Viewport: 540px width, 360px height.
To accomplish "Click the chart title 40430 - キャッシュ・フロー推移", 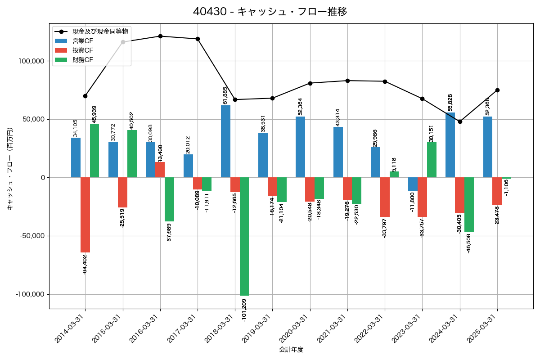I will point(270,12).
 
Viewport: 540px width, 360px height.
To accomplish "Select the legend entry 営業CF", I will point(83,41).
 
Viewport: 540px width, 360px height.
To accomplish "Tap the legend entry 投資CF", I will point(83,50).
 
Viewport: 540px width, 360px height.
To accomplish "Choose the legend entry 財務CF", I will point(83,60).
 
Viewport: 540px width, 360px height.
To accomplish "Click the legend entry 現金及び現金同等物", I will point(100,31).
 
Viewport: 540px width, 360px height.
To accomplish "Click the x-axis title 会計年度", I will point(291,350).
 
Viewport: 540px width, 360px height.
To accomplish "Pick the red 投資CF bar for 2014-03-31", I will point(85,215).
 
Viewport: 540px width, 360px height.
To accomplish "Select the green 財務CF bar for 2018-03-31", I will point(244,236).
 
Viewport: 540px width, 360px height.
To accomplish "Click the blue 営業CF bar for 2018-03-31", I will point(225,141).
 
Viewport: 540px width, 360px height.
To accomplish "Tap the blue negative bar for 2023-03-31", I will point(413,184).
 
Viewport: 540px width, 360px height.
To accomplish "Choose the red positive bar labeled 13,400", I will point(160,170).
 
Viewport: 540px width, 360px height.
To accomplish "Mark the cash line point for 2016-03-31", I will point(160,36).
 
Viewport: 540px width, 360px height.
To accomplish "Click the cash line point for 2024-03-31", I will point(460,121).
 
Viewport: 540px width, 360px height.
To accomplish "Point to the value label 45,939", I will point(94,114).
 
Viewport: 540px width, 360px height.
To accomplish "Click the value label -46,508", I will point(469,243).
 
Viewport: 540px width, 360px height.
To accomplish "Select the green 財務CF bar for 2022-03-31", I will point(394,175).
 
